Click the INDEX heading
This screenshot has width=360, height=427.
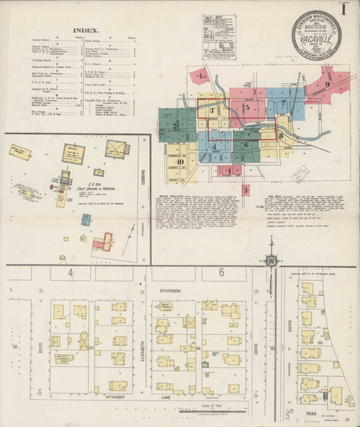click(86, 31)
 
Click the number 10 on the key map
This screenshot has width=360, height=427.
click(177, 163)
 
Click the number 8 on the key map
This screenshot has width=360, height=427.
click(280, 135)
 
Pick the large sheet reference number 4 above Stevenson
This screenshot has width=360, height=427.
click(71, 274)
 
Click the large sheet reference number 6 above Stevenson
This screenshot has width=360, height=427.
click(222, 273)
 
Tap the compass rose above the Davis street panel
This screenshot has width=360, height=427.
click(274, 261)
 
